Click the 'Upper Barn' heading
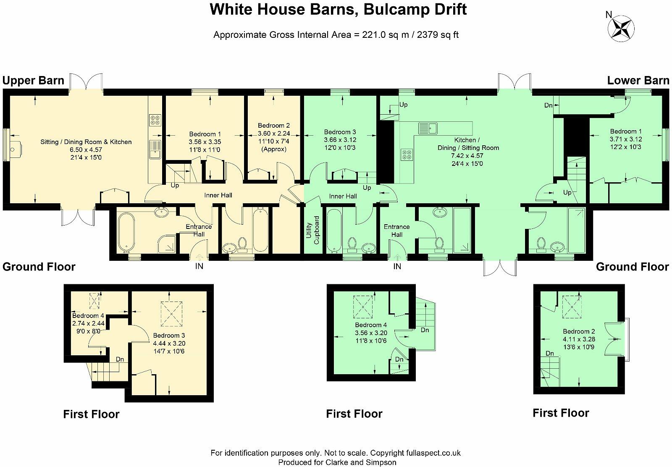(34, 81)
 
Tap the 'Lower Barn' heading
(638, 81)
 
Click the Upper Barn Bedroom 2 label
(274, 126)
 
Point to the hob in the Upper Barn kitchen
(154, 121)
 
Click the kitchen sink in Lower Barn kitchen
(428, 127)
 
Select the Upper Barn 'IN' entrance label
(199, 266)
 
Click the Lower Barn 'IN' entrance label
(397, 266)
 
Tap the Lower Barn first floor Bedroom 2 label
(579, 331)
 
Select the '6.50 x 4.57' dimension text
(86, 150)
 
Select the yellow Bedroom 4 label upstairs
(88, 316)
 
